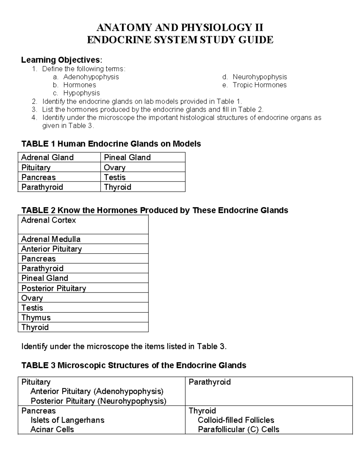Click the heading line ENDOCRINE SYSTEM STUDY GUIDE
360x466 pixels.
coord(180,40)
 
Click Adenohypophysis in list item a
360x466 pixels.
coord(91,77)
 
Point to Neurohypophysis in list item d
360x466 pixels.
coord(260,77)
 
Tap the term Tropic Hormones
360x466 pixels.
coord(259,85)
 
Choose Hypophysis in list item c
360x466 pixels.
coord(81,93)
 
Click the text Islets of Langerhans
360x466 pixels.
coord(67,420)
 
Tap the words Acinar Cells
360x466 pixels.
coord(52,429)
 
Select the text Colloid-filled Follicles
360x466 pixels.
coord(236,420)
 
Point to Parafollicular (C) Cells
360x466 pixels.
coord(238,429)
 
